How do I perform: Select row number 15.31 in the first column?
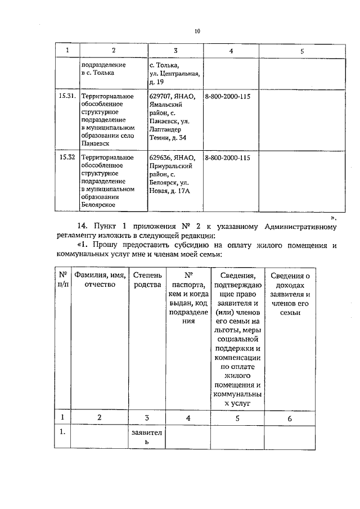coord(68,96)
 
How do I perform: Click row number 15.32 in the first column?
coord(68,157)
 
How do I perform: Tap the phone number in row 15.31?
coord(228,96)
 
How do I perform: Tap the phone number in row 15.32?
coord(228,157)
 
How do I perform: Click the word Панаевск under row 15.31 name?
coord(96,143)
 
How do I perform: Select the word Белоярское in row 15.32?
coord(100,205)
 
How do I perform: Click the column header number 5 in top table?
coord(302,51)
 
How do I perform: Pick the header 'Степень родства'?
coord(147,280)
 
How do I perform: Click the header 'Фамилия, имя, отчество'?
coord(100,280)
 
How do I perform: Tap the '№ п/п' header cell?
coord(64,280)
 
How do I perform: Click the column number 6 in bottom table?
coord(290,418)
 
